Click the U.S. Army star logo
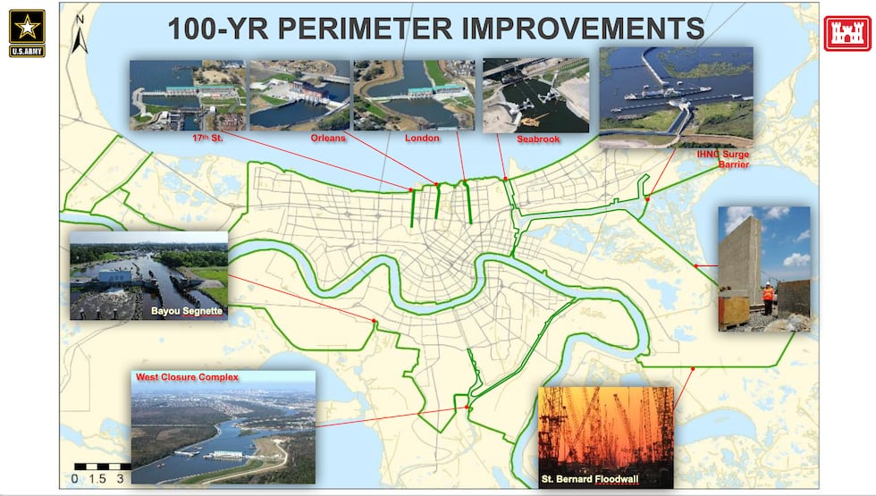click(x=27, y=28)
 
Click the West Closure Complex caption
click(x=187, y=378)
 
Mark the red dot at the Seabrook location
click(x=505, y=179)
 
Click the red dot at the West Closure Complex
click(x=467, y=408)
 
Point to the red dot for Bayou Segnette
click(x=374, y=322)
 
